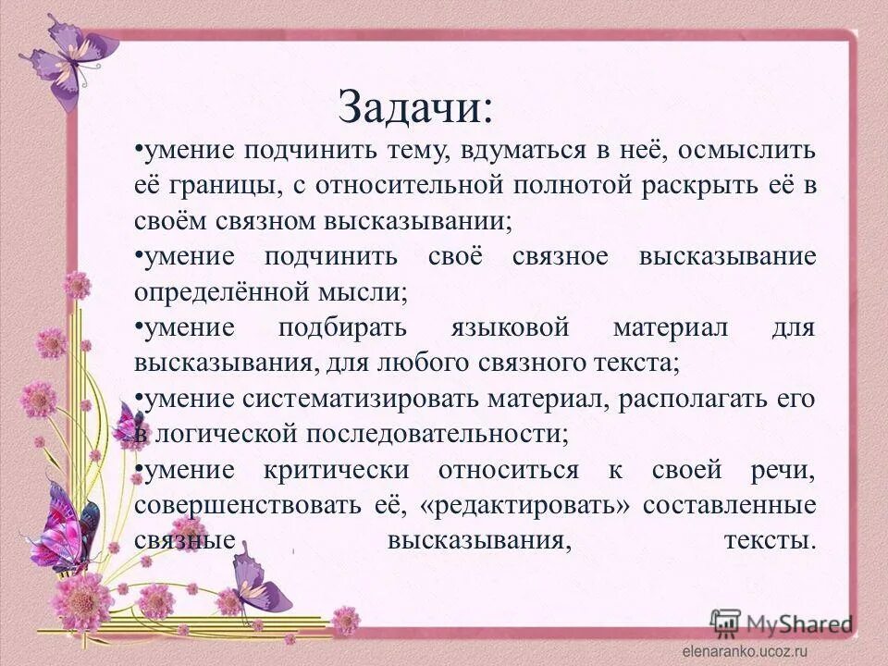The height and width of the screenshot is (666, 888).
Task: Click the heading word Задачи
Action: [415, 107]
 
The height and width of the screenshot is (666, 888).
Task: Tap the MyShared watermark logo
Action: [782, 623]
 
